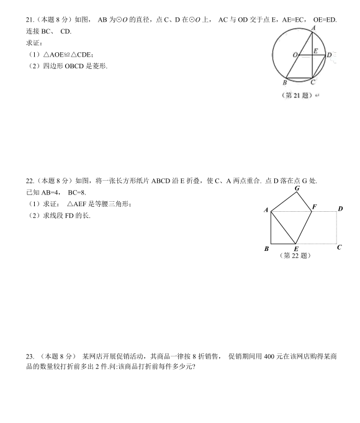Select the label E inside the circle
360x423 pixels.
[x=316, y=51]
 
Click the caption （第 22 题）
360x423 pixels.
[x=296, y=255]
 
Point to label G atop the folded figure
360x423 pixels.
[x=297, y=188]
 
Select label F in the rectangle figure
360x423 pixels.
[x=314, y=206]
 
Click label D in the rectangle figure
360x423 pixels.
[x=340, y=209]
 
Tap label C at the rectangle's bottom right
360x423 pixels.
[x=340, y=247]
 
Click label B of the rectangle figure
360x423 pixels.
[x=266, y=249]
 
